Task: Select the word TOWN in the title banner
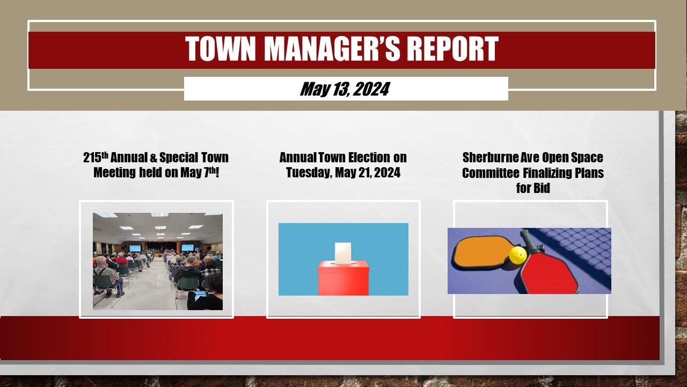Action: click(221, 49)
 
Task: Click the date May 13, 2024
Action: click(345, 89)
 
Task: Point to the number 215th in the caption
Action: click(96, 157)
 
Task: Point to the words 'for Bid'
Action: click(532, 188)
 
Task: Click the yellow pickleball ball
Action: click(517, 255)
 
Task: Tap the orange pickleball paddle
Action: click(479, 253)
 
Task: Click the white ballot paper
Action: click(342, 253)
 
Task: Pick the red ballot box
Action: click(343, 278)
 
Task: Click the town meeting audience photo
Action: click(157, 261)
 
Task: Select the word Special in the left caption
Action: click(178, 157)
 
